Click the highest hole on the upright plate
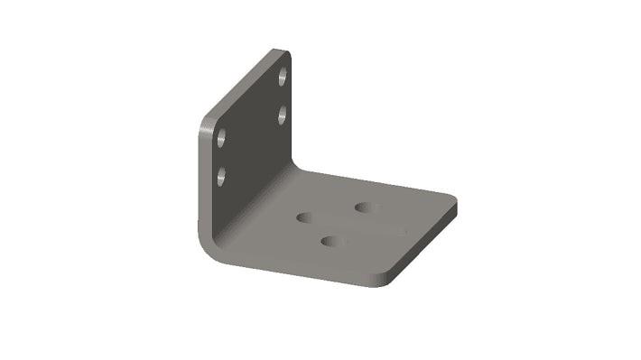click(283, 77)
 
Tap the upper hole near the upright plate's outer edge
click(220, 139)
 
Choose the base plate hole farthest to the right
click(366, 208)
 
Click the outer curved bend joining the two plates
click(206, 242)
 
